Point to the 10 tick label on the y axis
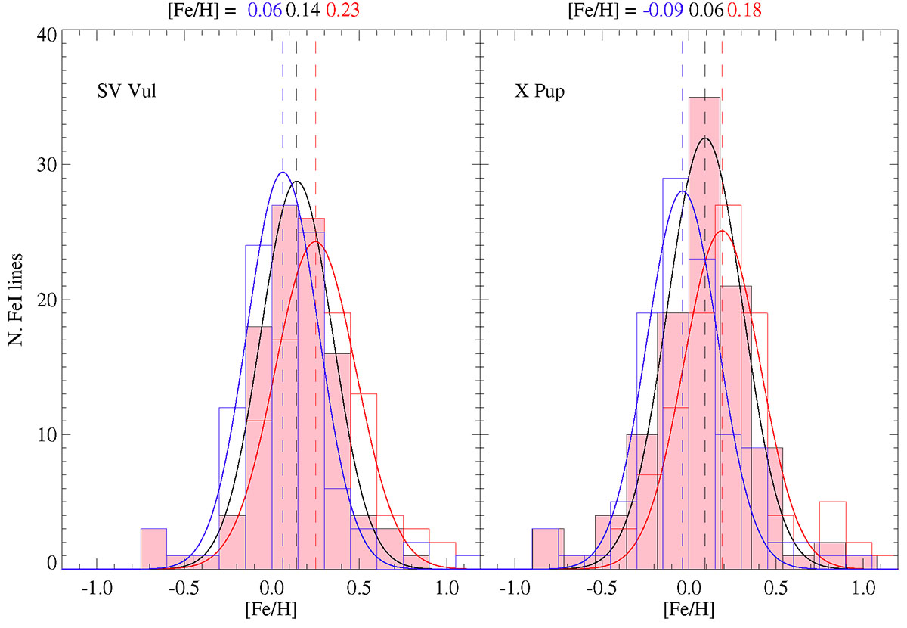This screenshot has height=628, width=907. click(x=45, y=435)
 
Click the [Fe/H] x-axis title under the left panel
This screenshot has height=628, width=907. click(x=271, y=608)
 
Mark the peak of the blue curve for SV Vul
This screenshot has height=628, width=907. click(x=283, y=172)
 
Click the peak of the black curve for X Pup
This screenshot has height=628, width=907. click(x=705, y=138)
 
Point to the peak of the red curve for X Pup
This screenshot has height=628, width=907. click(x=723, y=231)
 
